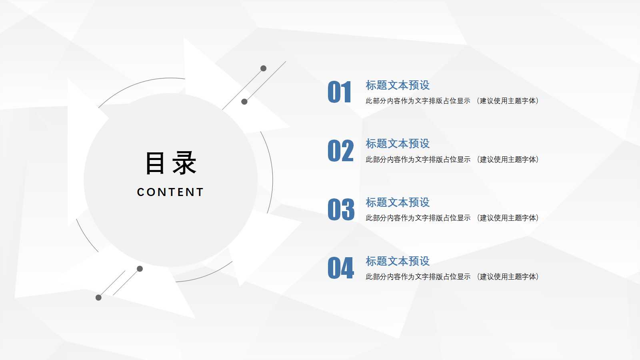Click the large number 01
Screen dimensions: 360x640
point(340,92)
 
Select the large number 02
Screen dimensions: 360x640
point(341,151)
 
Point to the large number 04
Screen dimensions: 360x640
point(341,268)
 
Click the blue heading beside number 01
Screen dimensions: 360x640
point(398,85)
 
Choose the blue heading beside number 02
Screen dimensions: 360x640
point(398,144)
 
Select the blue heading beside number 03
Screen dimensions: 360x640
point(398,202)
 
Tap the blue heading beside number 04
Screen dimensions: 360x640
point(398,261)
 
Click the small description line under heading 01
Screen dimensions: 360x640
point(452,101)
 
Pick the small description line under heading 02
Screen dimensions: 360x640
point(452,160)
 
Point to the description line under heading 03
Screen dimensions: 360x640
point(452,218)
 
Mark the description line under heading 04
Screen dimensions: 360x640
point(452,277)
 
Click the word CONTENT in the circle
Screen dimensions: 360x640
point(170,192)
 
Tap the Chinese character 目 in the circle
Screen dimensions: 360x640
point(155,163)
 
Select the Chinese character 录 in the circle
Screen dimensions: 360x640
point(184,163)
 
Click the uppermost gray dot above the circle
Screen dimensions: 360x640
point(263,68)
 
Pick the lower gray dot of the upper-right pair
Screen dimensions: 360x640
point(244,102)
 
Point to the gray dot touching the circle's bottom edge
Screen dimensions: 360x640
point(140,269)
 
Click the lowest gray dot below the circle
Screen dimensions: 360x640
point(98,298)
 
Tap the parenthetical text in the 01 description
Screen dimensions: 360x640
point(508,101)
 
